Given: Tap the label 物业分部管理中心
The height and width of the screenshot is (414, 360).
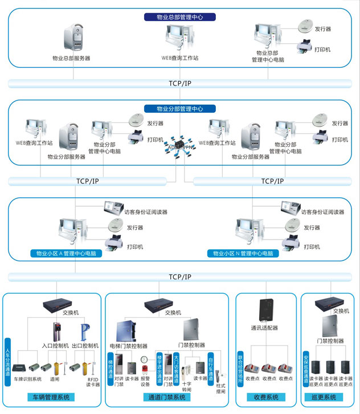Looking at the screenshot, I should coord(179,108).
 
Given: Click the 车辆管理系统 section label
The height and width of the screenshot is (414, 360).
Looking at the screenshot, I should coord(52,397).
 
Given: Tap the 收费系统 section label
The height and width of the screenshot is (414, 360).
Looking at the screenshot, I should coord(265,397).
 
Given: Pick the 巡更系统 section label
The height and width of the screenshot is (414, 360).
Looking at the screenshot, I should coord(325,397).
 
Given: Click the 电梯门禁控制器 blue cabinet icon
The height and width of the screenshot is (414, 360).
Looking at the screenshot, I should coord(126,332).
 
